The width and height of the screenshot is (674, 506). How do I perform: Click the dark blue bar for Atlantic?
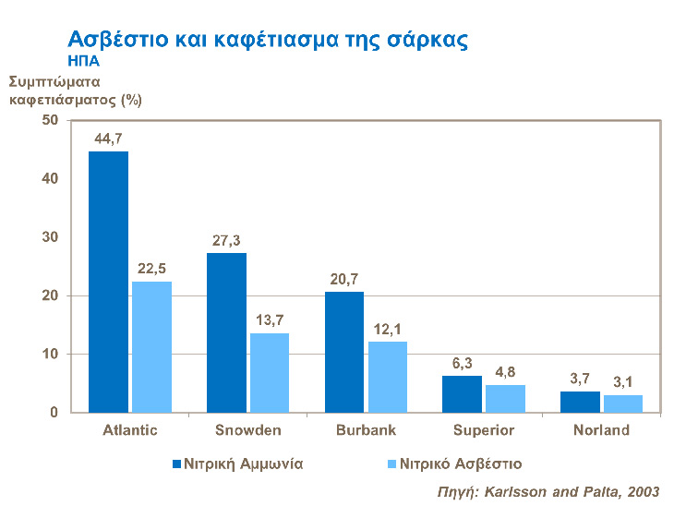tap(108, 282)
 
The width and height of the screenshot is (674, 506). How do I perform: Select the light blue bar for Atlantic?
tap(151, 346)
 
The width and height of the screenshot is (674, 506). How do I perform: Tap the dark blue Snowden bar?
tap(226, 332)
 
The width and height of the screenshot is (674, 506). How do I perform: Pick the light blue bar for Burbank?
tap(387, 377)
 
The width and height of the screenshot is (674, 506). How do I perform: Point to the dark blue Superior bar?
tap(462, 394)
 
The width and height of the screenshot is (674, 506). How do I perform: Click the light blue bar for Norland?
tap(623, 404)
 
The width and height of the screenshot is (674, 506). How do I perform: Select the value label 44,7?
tap(109, 139)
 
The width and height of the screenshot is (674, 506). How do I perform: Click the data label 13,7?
tap(270, 319)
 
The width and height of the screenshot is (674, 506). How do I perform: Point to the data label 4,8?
tap(505, 371)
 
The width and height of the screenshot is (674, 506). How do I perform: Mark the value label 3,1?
tap(623, 381)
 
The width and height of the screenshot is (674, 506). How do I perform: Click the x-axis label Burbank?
tap(366, 430)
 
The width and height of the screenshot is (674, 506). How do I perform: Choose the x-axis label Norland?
tap(601, 430)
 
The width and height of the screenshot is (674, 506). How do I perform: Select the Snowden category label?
tap(247, 430)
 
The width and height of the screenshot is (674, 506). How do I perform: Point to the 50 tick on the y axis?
tap(50, 120)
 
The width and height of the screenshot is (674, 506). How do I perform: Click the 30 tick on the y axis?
tap(50, 237)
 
